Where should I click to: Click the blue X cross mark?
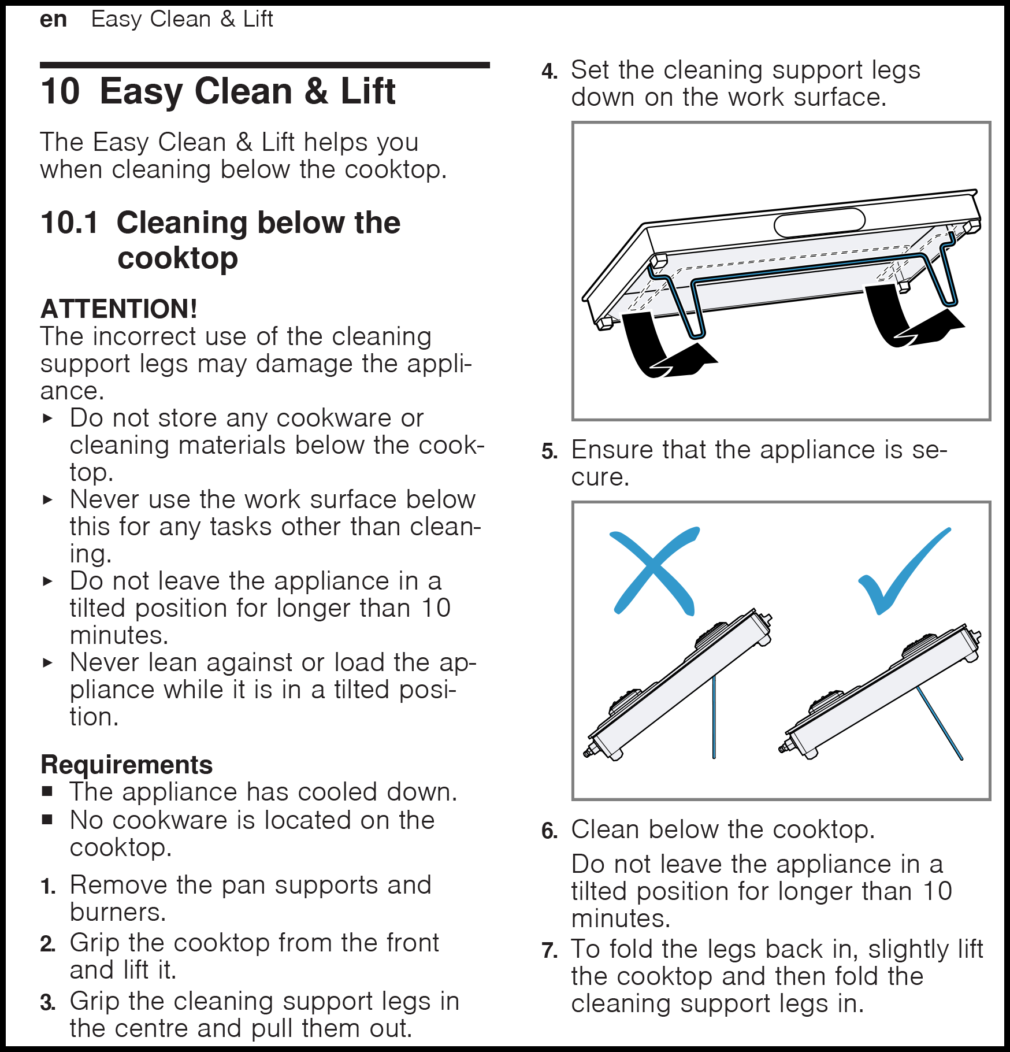click(654, 571)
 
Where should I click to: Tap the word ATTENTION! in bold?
click(119, 309)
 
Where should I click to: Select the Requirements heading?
click(127, 765)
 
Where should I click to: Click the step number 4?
click(549, 72)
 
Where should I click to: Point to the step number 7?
click(549, 950)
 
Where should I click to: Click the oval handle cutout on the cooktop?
click(819, 223)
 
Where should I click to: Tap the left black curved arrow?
click(664, 346)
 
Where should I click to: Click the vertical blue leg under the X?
click(714, 717)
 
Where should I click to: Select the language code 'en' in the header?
click(53, 20)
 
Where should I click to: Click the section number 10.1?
click(69, 223)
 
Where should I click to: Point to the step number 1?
click(48, 886)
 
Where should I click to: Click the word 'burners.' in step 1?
click(118, 912)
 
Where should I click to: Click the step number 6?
click(549, 831)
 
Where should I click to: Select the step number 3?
click(48, 1003)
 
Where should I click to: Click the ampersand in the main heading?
click(316, 91)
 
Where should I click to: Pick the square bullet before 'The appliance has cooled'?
click(47, 791)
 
